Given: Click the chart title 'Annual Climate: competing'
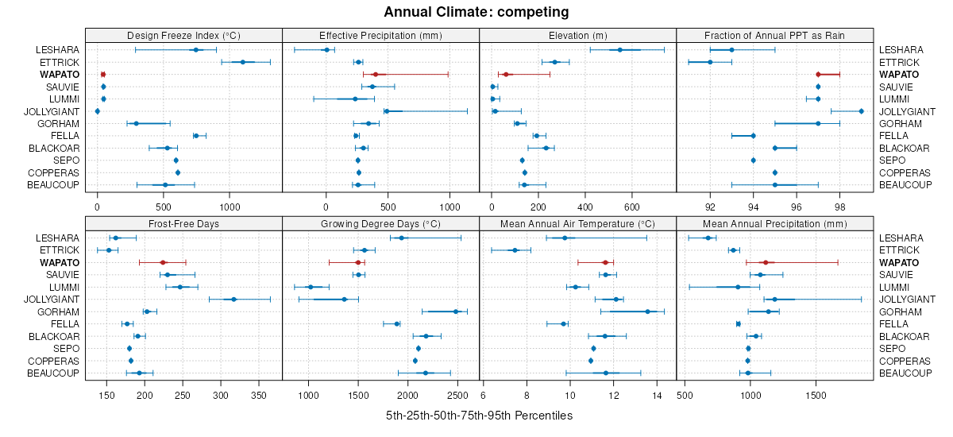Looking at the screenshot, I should (476, 12).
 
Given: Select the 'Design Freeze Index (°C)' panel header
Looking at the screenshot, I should (183, 35).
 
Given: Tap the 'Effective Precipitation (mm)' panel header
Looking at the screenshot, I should (380, 35).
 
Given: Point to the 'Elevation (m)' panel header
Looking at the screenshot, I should (577, 35).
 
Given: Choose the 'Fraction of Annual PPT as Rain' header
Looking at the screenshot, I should (774, 35).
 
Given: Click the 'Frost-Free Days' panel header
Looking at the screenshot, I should (183, 223).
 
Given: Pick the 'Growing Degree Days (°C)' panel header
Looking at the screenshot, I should (380, 223).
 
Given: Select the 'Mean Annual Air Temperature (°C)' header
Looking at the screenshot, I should (577, 223).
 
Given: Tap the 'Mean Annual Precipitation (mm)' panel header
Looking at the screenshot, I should (774, 223).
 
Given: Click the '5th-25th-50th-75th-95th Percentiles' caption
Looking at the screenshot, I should (479, 416).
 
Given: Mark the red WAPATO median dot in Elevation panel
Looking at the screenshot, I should (504, 75).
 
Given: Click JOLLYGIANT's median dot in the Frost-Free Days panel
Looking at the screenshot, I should (233, 300).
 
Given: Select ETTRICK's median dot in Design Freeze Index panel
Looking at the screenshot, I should (242, 62).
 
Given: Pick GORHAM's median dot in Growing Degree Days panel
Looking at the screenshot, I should (455, 311).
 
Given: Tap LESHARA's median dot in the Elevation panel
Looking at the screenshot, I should (620, 50).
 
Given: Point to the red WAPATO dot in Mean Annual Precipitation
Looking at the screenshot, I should (766, 262).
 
